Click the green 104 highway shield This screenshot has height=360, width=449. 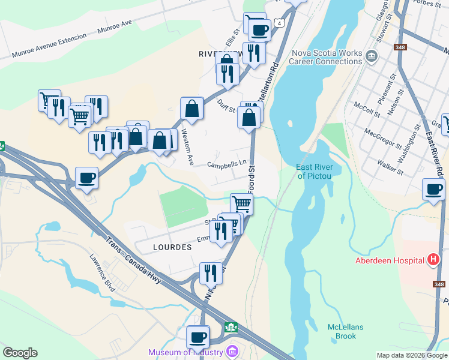tap(231, 327)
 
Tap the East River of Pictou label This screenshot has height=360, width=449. tap(315, 171)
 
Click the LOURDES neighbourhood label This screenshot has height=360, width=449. tap(172, 247)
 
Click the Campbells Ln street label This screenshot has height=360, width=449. tap(227, 164)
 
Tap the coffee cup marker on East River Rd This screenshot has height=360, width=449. tap(433, 190)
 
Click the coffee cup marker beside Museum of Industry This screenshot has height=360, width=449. tap(197, 337)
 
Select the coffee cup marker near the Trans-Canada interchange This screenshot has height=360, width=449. tap(87, 178)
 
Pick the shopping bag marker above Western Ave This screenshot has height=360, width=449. tap(191, 109)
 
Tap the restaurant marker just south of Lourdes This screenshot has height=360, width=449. tap(210, 273)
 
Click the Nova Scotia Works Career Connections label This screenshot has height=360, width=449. tap(327, 57)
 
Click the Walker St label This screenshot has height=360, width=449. tap(390, 166)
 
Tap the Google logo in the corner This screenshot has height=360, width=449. tap(20, 353)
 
